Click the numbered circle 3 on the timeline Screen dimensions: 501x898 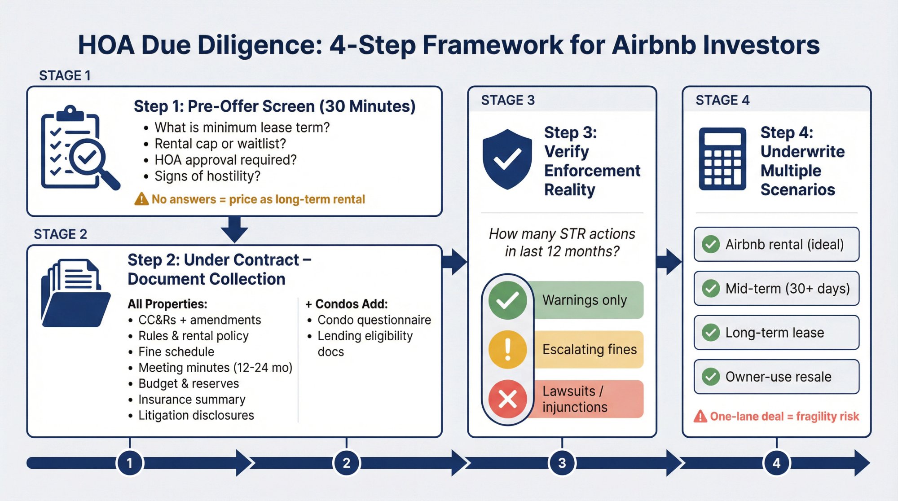tap(562, 463)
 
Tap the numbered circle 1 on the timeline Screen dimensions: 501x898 tap(130, 463)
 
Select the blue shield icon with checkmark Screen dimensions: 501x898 tap(507, 159)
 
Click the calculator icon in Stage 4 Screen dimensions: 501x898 tap(722, 159)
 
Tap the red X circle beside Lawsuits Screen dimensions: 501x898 tap(507, 399)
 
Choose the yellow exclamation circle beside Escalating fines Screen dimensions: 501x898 tap(507, 349)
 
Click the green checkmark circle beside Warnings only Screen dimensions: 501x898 tap(507, 300)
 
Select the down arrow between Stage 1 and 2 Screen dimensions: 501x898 tap(234, 229)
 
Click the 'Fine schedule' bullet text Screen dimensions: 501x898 tap(176, 352)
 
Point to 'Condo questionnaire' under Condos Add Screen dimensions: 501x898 tap(374, 320)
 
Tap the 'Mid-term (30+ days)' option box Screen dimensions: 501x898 tap(776, 288)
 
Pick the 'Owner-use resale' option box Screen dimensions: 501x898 tap(776, 377)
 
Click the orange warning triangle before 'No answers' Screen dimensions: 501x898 tap(141, 199)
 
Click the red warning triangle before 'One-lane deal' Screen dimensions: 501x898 tap(700, 417)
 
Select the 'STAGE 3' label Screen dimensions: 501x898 tap(508, 100)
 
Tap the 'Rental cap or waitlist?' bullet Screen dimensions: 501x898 tap(220, 144)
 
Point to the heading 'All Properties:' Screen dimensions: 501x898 tap(167, 304)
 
